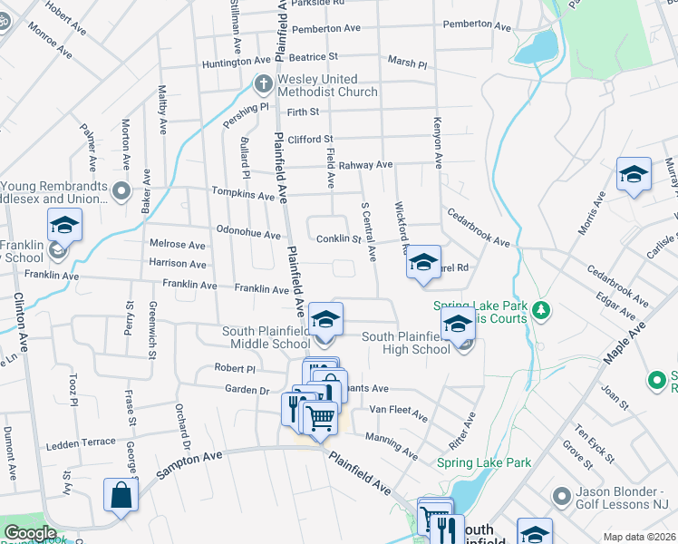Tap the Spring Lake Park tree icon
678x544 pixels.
(x=542, y=311)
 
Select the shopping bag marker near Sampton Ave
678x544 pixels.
(x=121, y=496)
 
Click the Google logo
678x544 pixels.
(x=30, y=533)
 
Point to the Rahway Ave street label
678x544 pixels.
(x=365, y=165)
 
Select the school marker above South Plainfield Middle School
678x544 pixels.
(x=325, y=319)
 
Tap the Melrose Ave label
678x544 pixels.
(x=178, y=245)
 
